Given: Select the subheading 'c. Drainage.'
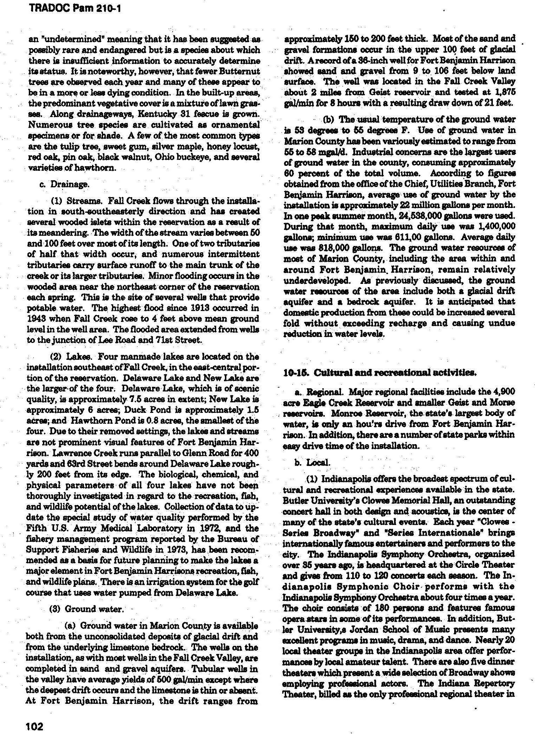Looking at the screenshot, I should [60, 184].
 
